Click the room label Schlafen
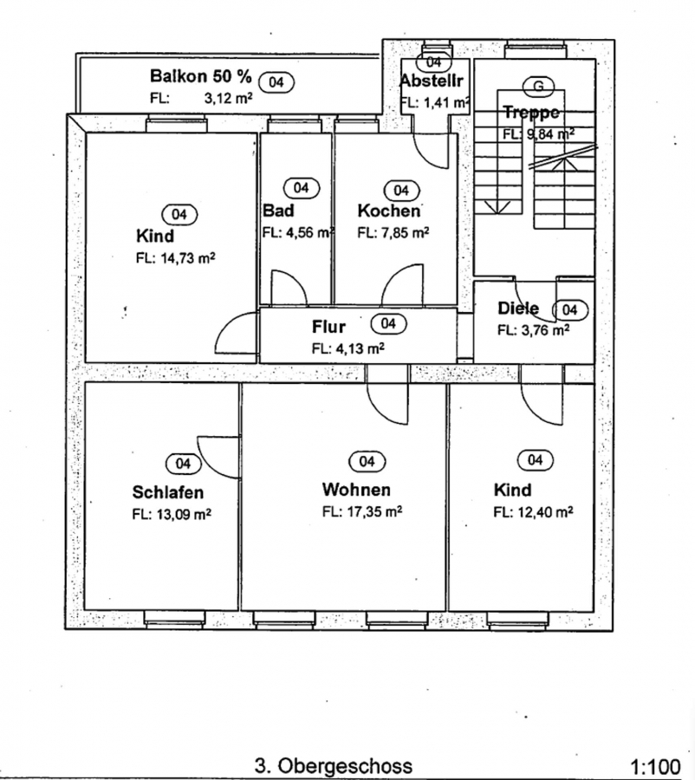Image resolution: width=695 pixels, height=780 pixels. point(168,492)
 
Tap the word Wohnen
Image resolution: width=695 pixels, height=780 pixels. point(355,490)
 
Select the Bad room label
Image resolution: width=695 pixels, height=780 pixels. point(278,211)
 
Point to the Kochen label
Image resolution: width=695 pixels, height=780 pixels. point(388,211)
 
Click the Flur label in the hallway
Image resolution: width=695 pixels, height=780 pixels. point(328,327)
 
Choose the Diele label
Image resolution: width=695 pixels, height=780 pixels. point(517,309)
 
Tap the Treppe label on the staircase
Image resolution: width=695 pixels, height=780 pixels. point(530,113)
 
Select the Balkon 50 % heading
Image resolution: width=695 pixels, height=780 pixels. point(200,75)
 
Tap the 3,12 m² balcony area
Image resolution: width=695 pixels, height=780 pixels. point(228,98)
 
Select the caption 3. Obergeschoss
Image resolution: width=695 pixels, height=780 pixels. point(334,766)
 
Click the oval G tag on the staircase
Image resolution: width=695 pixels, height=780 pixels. point(538,85)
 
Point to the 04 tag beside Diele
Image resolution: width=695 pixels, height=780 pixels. point(569,309)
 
